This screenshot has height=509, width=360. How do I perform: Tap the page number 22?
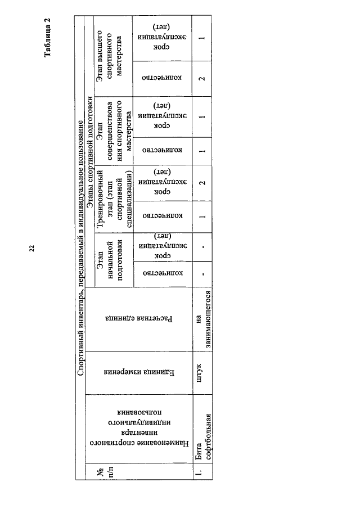coord(32,249)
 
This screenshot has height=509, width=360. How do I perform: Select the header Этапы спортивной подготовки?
coord(90,152)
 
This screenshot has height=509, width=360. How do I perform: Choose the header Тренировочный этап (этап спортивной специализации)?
coord(114,199)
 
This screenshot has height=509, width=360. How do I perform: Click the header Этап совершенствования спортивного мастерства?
coord(114,130)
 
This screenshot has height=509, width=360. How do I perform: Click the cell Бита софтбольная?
coord(203,436)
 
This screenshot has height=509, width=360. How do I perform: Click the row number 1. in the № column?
coord(199,471)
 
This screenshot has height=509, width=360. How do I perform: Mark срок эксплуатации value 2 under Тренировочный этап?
coord(202,183)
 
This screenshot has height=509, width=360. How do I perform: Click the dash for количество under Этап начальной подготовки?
coord(202,274)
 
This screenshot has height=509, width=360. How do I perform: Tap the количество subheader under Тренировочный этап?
coord(163,216)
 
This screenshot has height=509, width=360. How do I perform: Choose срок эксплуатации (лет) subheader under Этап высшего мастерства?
coord(162,37)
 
